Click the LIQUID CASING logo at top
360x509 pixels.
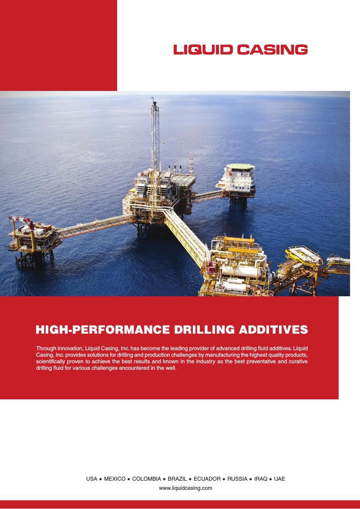tap(240, 50)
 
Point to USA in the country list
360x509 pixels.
tap(91, 479)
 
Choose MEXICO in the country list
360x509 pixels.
tap(114, 479)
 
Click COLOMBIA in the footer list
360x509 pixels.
tap(146, 479)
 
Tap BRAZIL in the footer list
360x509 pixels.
tap(177, 479)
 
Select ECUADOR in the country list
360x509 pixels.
tap(207, 479)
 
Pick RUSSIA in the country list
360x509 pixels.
tap(237, 479)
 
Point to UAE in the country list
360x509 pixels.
tap(279, 479)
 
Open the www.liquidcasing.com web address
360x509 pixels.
tap(185, 488)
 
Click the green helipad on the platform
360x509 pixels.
tap(239, 167)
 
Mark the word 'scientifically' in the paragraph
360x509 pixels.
tap(50, 362)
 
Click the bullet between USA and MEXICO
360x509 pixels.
tap(101, 479)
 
